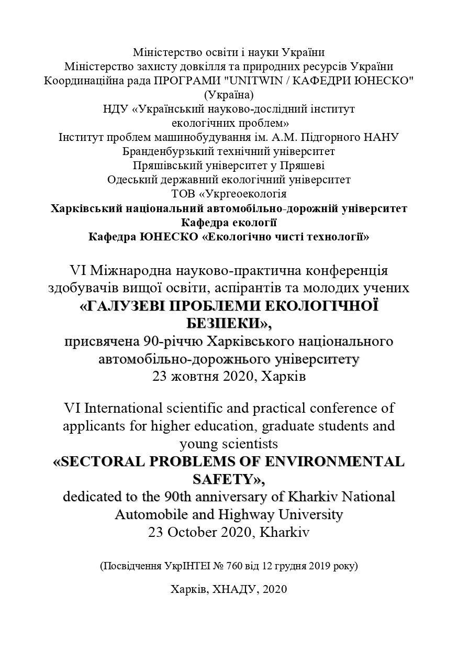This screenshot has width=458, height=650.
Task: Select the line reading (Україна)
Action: [x=229, y=95]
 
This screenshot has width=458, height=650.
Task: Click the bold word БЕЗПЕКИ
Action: [x=229, y=323]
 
